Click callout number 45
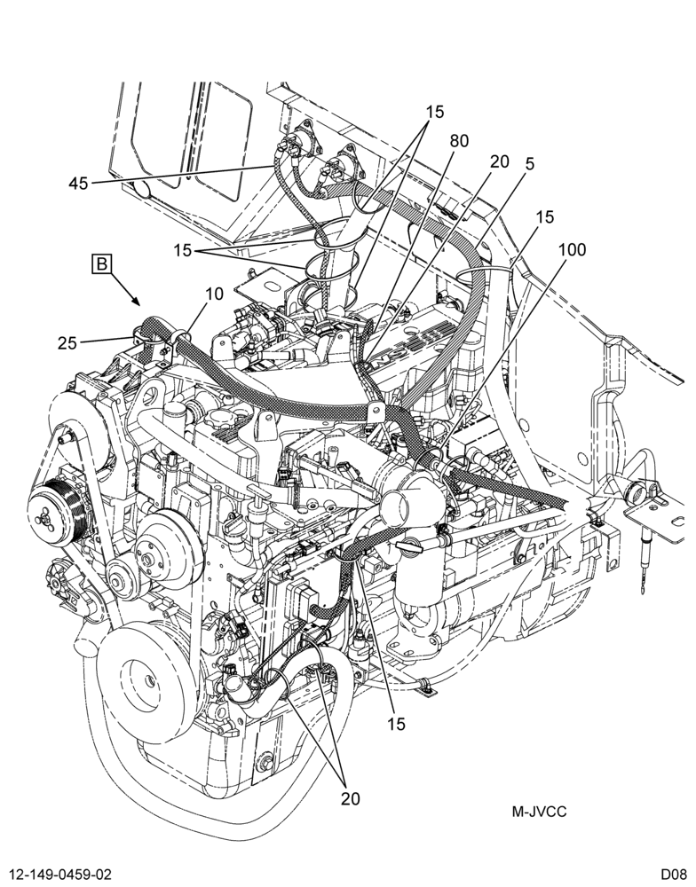[79, 184]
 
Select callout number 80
[459, 141]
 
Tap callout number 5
[529, 163]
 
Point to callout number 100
[572, 249]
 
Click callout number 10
[214, 294]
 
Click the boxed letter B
[102, 263]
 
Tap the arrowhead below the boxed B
[137, 301]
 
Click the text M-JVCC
[539, 812]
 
